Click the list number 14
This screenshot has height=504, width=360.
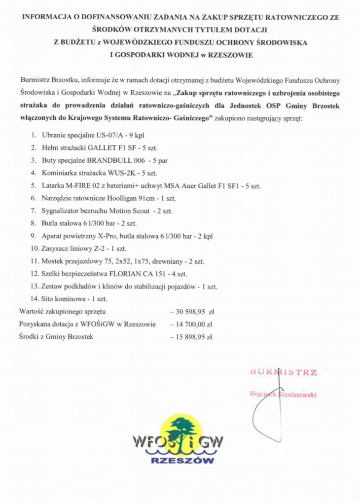pyautogui.click(x=34, y=299)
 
